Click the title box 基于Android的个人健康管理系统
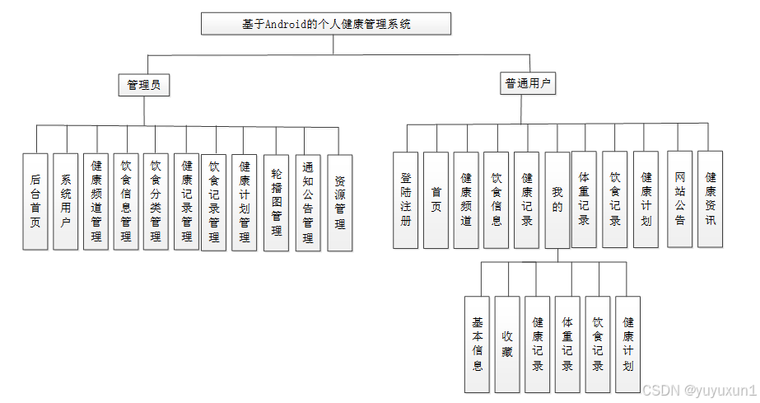[326, 24]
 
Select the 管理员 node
[143, 85]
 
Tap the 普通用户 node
[529, 82]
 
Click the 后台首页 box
[35, 201]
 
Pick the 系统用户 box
[65, 201]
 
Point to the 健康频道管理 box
[96, 201]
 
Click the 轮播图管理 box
[276, 201]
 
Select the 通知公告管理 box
[307, 201]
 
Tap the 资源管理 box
[339, 201]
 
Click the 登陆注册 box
[405, 199]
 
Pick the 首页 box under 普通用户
[436, 199]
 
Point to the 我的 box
[557, 199]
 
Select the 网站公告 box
[679, 199]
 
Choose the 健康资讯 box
[710, 199]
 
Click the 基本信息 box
[477, 343]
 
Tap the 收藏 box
[507, 343]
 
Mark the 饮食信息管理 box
[125, 201]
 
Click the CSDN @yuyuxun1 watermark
[698, 390]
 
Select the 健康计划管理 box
[244, 201]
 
